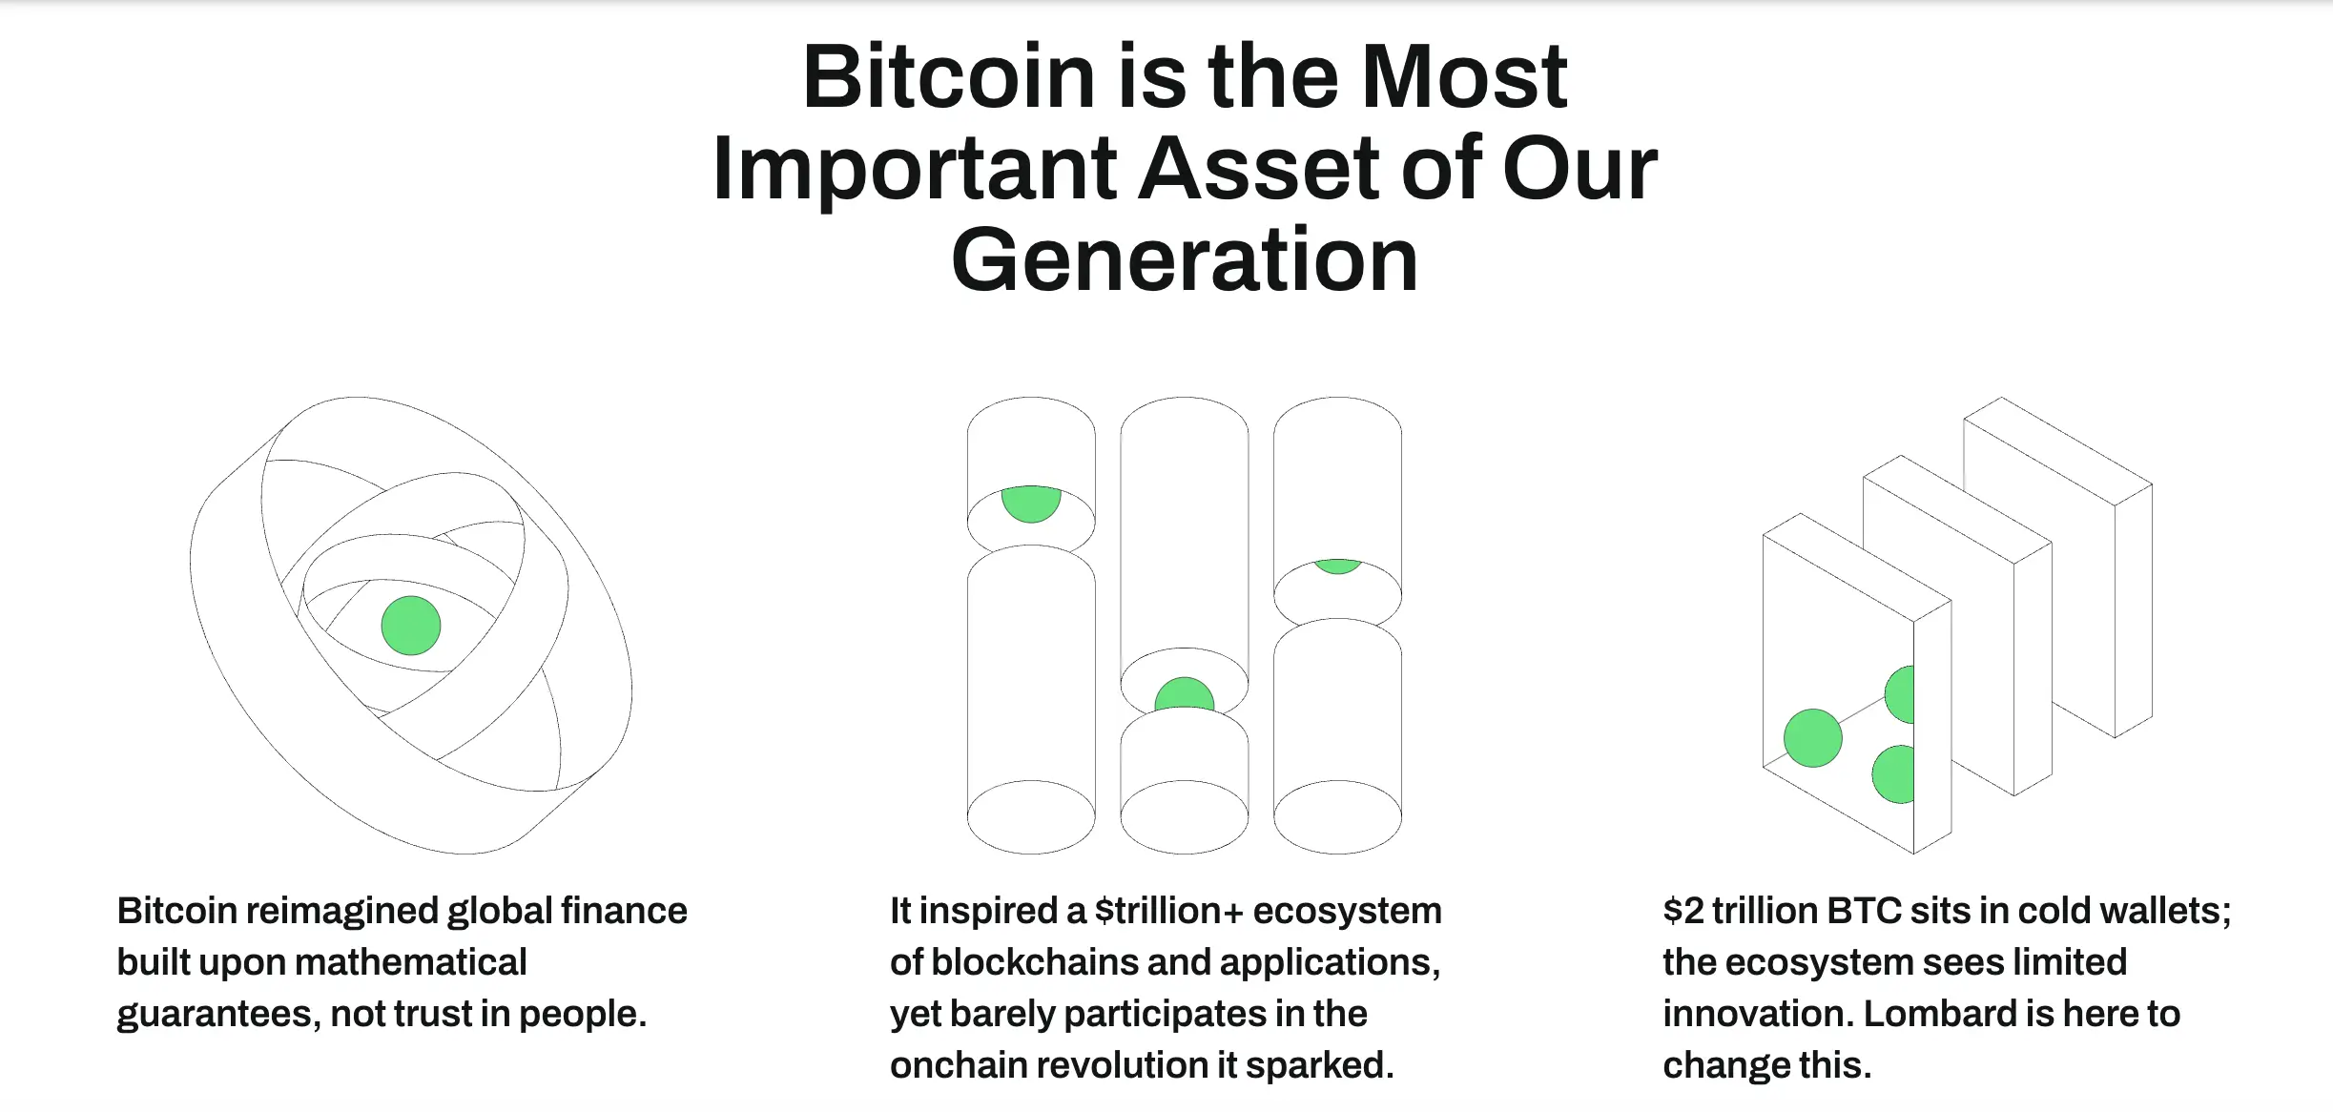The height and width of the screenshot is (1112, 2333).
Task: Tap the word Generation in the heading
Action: click(x=1185, y=259)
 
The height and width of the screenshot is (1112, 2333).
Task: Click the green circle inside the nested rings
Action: click(x=411, y=626)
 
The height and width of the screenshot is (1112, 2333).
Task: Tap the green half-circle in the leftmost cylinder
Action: click(x=1031, y=504)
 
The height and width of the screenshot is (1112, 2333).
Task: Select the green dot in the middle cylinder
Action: click(x=1185, y=693)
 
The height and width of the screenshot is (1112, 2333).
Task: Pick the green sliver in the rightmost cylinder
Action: click(x=1337, y=566)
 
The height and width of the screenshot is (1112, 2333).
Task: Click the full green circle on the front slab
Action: click(x=1812, y=738)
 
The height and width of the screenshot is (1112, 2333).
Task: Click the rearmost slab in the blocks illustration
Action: click(x=2058, y=567)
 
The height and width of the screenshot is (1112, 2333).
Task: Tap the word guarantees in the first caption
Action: click(x=218, y=1015)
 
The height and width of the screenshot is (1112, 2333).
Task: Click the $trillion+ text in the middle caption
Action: click(x=1169, y=911)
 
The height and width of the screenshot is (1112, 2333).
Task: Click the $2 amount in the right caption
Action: click(x=1683, y=911)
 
